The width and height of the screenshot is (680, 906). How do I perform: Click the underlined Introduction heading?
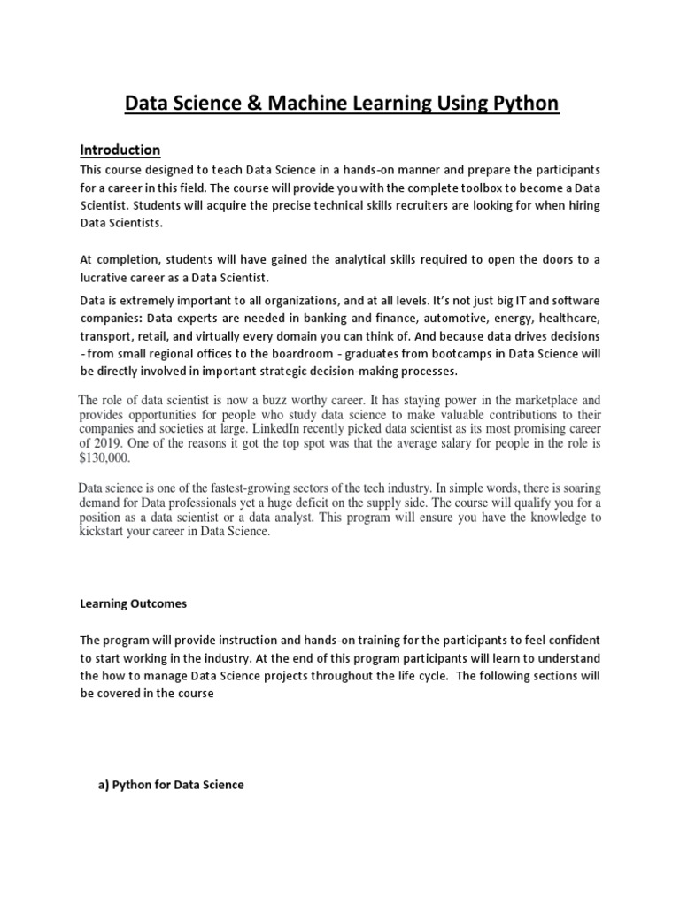point(120,150)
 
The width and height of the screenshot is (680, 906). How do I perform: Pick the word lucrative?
point(107,278)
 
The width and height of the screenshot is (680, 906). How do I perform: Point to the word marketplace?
point(525,401)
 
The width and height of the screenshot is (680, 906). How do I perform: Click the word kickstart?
point(104,532)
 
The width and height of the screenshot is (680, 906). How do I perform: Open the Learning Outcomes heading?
point(134,604)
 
